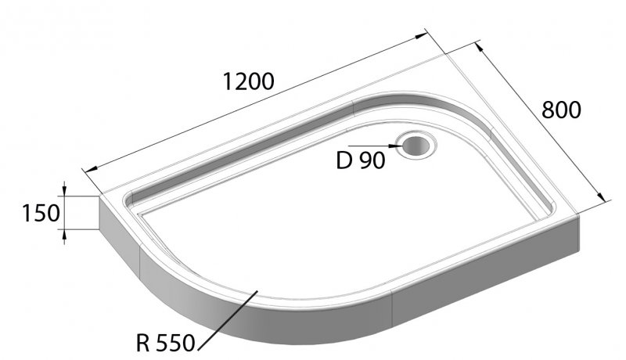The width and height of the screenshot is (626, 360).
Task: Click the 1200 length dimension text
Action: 248,81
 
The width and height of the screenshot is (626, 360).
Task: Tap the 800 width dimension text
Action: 562,110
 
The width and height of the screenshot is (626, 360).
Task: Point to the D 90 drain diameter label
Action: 361,161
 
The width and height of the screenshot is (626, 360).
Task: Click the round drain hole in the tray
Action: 415,145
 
